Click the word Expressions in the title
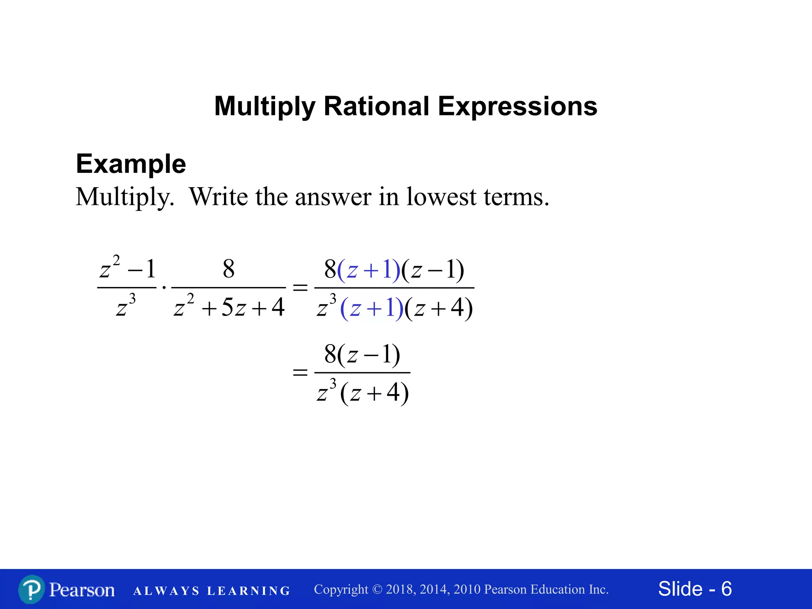click(x=517, y=106)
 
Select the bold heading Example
click(x=131, y=164)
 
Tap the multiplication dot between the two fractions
click(x=164, y=287)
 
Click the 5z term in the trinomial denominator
click(x=234, y=308)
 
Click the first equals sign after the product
click(x=300, y=287)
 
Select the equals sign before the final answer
click(x=300, y=372)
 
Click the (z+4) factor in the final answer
click(x=374, y=393)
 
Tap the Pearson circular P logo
click(x=31, y=590)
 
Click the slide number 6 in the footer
click(x=726, y=589)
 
